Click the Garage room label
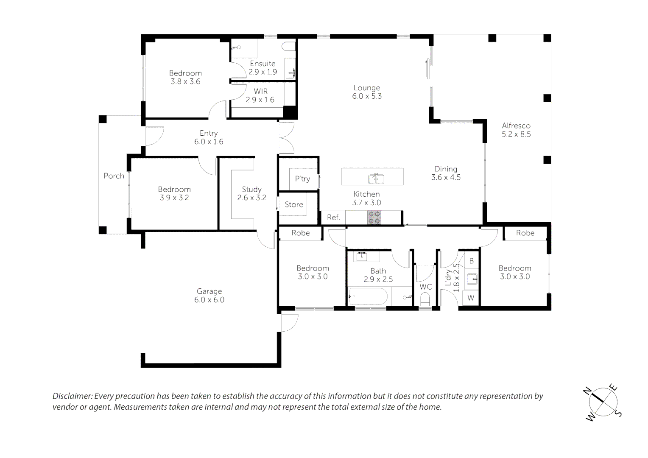coord(209,291)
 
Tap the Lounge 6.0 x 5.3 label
coord(367,92)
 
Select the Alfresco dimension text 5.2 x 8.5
coord(516,134)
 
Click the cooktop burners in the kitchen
coord(374,218)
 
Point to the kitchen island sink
coord(376,179)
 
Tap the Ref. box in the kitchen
coord(333,217)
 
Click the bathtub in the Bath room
coord(368,296)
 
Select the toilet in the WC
coord(425,299)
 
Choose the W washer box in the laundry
coord(471,298)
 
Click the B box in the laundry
coord(472,261)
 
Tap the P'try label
coord(302,179)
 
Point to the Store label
coord(294,204)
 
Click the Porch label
coord(114,176)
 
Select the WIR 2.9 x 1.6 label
coord(260,95)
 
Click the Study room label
coord(251,190)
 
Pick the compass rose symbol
coord(603,402)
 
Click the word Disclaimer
coord(72,396)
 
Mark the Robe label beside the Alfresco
coord(525,233)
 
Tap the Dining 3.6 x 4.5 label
coord(446,173)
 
